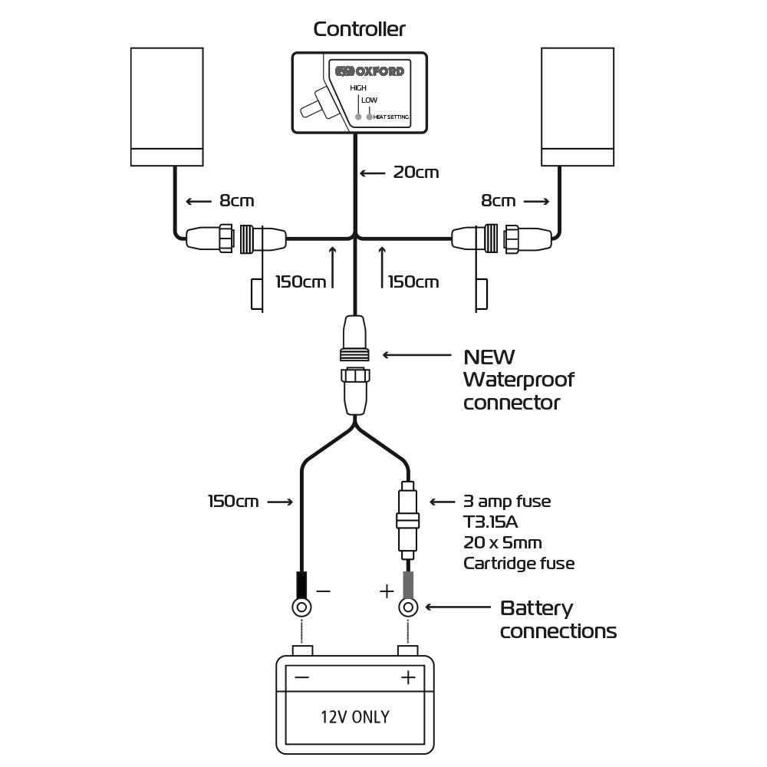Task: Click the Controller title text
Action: pos(359,29)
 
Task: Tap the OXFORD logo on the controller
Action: pos(369,71)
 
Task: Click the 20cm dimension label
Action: pos(416,172)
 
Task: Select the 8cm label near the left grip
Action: pos(236,201)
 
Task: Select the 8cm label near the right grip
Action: pos(499,201)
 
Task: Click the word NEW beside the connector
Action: pos(489,357)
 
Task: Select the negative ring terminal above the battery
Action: pos(302,608)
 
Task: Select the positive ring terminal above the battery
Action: pos(408,608)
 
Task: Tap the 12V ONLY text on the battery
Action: pos(354,717)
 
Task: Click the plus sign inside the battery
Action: pos(408,677)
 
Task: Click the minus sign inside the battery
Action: pos(301,677)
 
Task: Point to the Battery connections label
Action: pos(558,620)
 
